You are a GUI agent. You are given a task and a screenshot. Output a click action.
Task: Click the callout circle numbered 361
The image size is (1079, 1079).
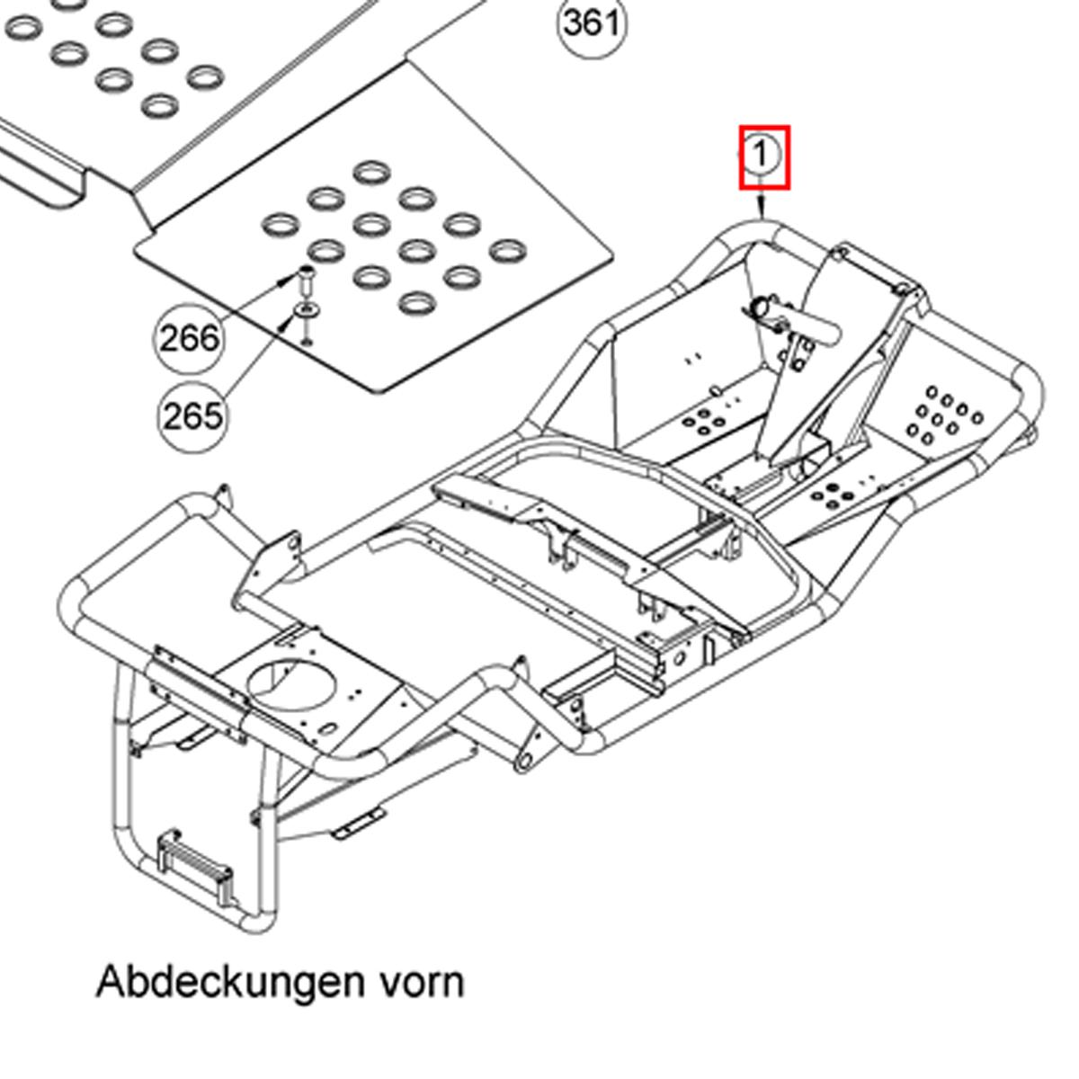(593, 23)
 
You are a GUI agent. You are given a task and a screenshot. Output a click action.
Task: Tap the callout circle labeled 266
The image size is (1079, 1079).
(189, 339)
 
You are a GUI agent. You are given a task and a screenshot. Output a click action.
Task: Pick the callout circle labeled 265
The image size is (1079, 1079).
(192, 416)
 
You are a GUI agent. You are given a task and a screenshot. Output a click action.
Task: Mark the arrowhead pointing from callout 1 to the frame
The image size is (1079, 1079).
(763, 212)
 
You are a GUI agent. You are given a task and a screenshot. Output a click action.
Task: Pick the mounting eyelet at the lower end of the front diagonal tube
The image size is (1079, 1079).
(523, 761)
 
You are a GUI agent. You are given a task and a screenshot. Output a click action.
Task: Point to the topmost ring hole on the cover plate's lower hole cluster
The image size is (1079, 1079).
(370, 171)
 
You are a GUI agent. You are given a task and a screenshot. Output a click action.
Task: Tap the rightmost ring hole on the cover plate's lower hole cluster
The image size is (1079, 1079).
(507, 248)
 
